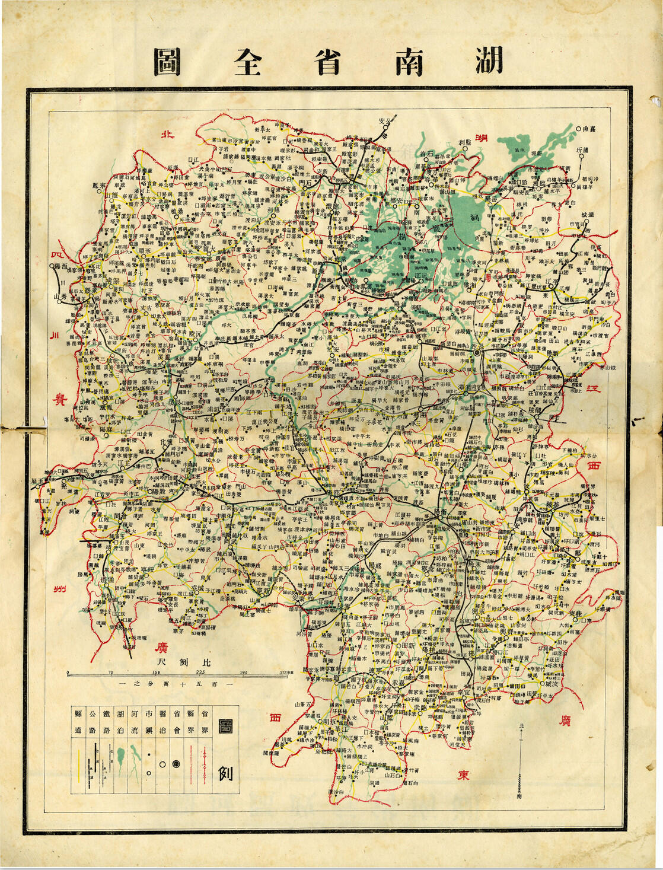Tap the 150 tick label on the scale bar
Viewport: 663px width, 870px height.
click(156, 672)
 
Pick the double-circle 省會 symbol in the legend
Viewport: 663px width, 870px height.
click(176, 764)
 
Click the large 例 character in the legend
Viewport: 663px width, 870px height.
click(225, 773)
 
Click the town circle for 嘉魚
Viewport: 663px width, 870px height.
click(578, 128)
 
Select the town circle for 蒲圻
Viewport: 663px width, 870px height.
click(579, 157)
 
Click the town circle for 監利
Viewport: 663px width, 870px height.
click(466, 149)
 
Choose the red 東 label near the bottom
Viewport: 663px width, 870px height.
click(463, 775)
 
